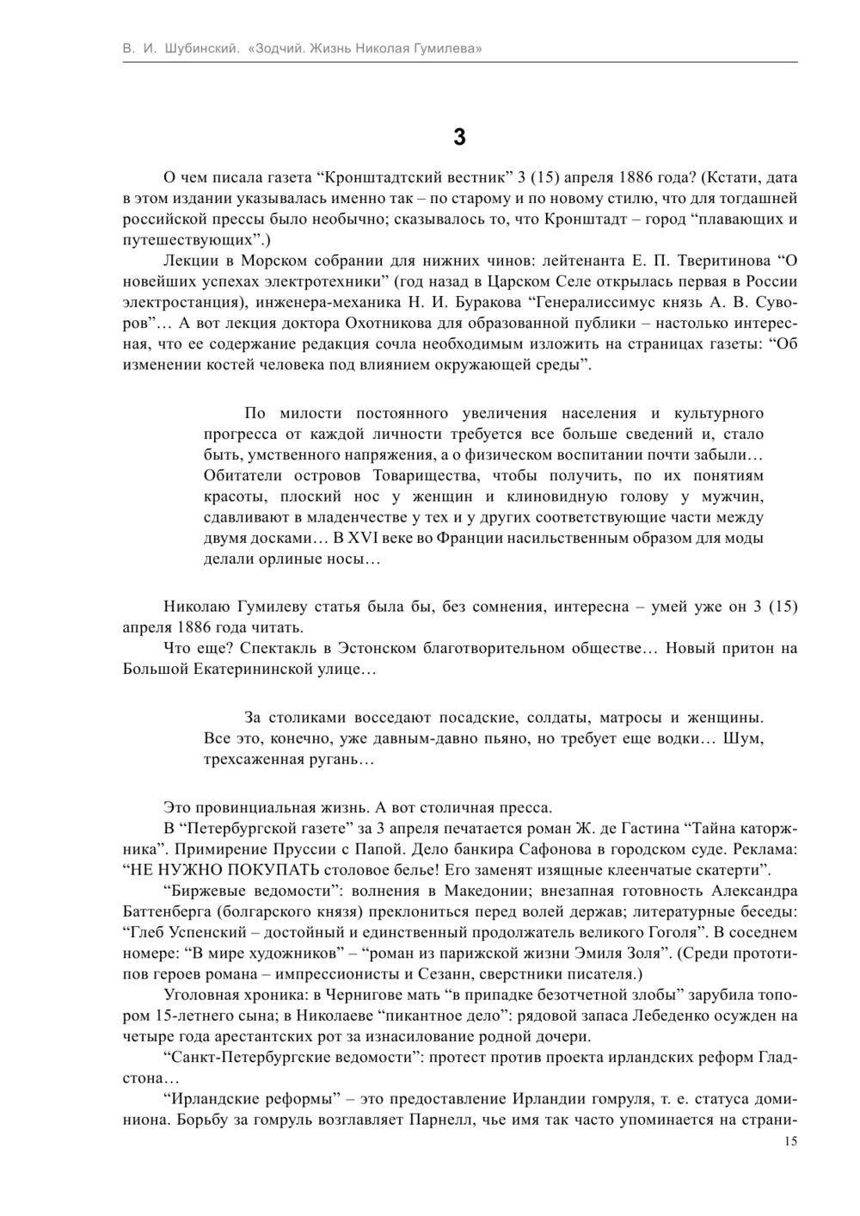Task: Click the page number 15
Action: click(x=791, y=1141)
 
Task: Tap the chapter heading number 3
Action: click(x=459, y=137)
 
